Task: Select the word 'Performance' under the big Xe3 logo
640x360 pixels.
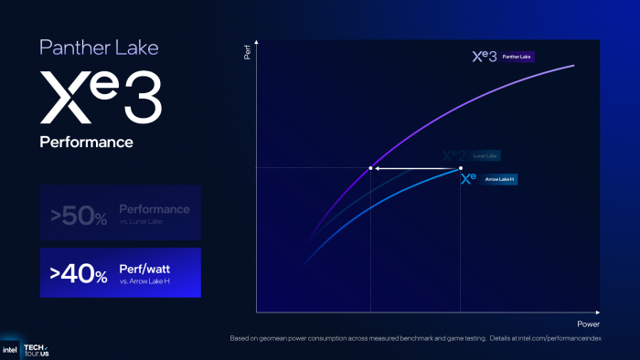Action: tap(86, 143)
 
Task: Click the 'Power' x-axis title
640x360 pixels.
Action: tap(588, 324)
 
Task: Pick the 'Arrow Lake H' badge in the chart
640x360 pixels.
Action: tap(500, 180)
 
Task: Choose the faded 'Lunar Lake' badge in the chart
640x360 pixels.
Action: tap(485, 156)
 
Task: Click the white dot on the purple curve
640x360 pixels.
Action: tap(370, 168)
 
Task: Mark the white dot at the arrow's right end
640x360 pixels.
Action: tap(460, 168)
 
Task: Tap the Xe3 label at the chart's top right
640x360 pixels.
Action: tap(484, 57)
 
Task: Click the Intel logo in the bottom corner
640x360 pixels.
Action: tap(10, 350)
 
